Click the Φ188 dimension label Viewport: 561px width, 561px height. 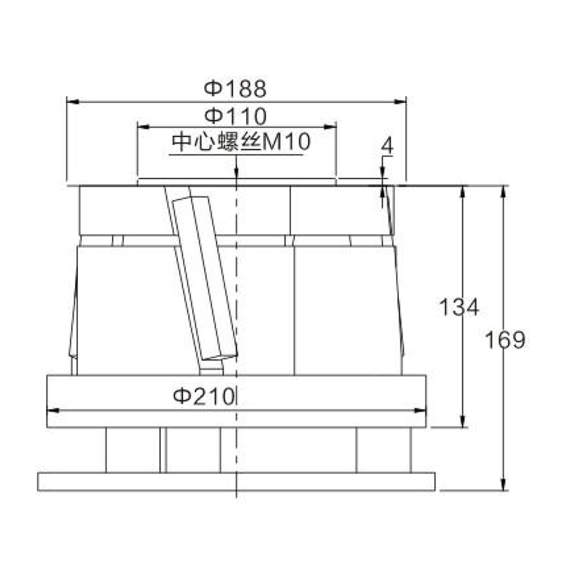tap(235, 88)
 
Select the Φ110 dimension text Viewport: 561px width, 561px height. tap(236, 116)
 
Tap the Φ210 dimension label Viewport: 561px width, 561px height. tap(203, 396)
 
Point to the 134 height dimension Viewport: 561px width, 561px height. tap(459, 307)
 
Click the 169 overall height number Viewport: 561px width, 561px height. tap(505, 339)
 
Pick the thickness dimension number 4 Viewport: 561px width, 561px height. tap(387, 146)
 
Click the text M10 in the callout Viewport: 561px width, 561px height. tap(286, 142)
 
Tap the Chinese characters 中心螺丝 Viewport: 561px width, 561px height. tap(216, 142)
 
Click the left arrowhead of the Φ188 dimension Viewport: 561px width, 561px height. tap(73, 102)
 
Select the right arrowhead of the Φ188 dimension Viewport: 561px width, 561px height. tap(400, 102)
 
